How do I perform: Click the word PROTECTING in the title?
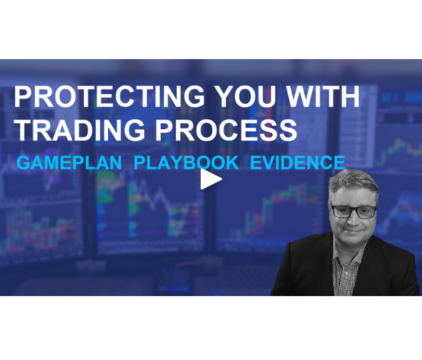[111, 96]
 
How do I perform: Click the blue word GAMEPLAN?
[69, 163]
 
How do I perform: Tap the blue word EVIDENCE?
[297, 163]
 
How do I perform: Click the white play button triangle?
[210, 179]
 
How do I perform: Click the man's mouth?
[353, 234]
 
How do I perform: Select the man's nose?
[353, 221]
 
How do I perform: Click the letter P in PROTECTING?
[22, 96]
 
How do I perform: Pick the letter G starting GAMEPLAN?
[23, 163]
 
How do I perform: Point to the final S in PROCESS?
[289, 130]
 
